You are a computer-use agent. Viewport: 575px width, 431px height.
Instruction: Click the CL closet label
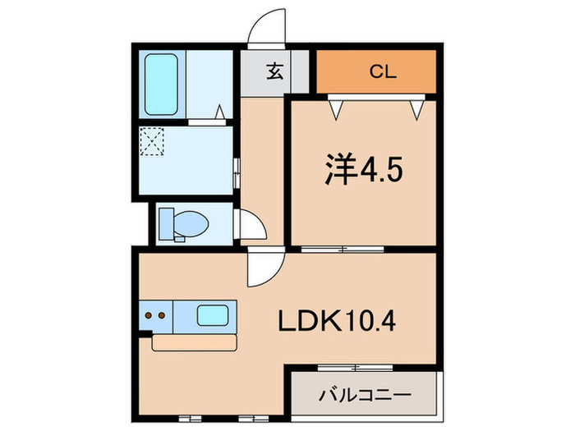point(382,71)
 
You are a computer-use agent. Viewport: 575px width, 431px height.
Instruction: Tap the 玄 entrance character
point(274,71)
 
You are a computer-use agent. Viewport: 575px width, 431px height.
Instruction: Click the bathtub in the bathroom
point(163,84)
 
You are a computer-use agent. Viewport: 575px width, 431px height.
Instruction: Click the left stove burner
point(149,313)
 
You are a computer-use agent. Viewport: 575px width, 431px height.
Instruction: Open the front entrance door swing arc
point(264,30)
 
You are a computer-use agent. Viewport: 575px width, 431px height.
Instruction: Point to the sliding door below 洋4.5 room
point(333,248)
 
